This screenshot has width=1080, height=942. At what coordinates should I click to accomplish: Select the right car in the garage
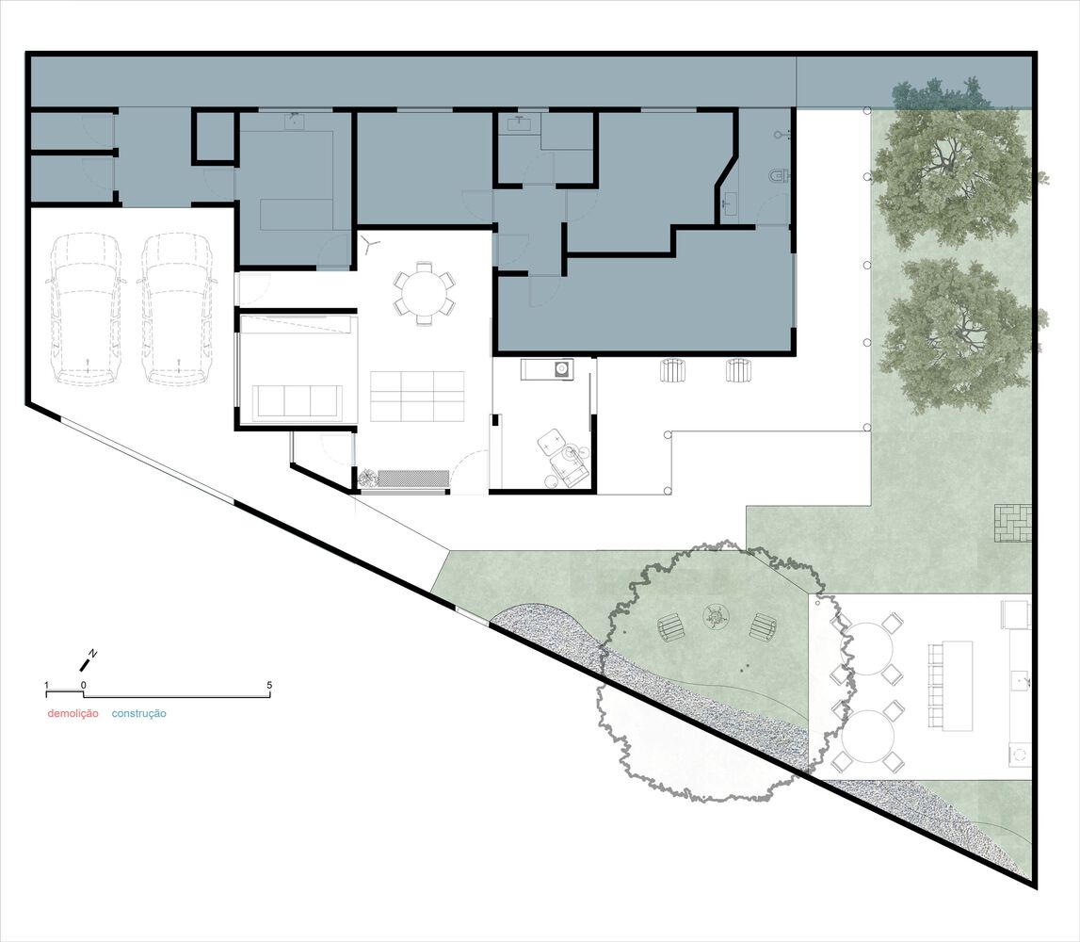click(x=178, y=309)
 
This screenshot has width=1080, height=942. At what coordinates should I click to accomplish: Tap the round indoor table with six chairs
click(x=425, y=293)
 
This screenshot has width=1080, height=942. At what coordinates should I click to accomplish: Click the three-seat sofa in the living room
click(x=298, y=401)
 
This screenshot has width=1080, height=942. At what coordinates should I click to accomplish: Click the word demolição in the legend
click(x=73, y=713)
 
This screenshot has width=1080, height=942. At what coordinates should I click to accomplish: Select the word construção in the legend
click(x=138, y=713)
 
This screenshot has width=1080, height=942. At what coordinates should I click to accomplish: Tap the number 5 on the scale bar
click(x=269, y=685)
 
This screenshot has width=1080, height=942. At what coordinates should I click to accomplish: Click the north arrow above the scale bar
click(x=88, y=660)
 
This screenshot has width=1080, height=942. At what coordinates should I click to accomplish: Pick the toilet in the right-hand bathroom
click(x=778, y=176)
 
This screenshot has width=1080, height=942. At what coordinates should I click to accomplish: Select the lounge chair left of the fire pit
click(x=671, y=627)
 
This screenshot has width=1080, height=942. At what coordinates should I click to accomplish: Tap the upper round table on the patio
click(x=867, y=649)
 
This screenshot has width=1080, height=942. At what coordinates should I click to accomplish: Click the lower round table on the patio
click(x=867, y=736)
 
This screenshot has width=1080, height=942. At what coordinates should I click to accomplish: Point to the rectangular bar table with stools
click(x=951, y=685)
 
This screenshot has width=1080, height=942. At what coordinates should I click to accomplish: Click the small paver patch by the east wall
click(x=1013, y=523)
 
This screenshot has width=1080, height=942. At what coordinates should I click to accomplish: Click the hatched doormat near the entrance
click(x=413, y=479)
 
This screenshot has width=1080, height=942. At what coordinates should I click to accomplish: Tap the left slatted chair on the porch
click(x=670, y=370)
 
